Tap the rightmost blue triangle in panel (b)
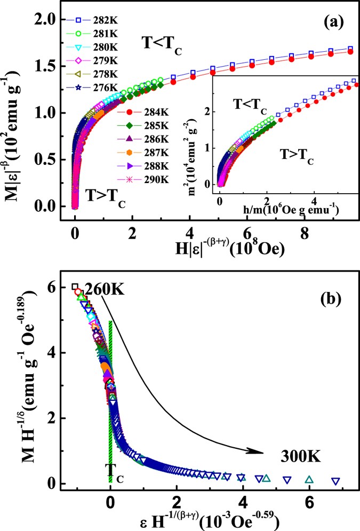pos(335,481)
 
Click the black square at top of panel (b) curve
pos(75,287)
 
